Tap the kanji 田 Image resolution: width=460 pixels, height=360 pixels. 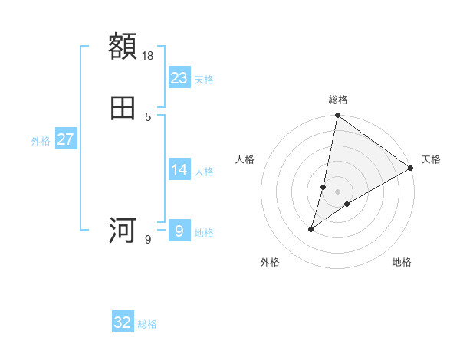(x=123, y=108)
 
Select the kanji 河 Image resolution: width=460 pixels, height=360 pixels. (x=123, y=231)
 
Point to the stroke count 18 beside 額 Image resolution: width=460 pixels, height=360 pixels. (x=149, y=55)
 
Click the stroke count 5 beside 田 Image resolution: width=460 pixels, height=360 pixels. (x=148, y=116)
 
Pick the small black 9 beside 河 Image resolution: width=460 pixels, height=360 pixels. (x=148, y=240)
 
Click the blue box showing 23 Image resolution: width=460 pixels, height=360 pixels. (x=179, y=77)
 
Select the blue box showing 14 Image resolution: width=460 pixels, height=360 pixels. (x=179, y=170)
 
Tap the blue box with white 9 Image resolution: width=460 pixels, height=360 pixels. (x=179, y=231)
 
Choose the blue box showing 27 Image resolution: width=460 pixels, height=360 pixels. (x=65, y=139)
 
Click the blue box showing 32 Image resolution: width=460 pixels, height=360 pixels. (x=123, y=322)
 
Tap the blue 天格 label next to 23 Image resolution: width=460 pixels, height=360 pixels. (x=204, y=80)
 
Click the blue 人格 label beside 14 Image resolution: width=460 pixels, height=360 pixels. (x=204, y=172)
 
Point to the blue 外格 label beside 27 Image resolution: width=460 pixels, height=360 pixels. (x=41, y=141)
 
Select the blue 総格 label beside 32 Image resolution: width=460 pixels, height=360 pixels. (x=147, y=325)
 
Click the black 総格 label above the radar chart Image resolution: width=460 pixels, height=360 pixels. (x=338, y=100)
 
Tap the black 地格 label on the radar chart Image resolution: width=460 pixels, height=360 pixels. (x=402, y=263)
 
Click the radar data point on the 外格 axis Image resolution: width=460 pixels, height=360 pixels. (x=311, y=229)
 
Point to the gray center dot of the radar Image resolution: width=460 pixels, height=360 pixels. (x=338, y=191)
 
